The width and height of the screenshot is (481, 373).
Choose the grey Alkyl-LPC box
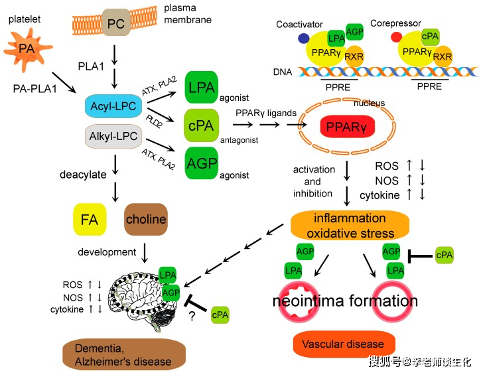tap(113, 137)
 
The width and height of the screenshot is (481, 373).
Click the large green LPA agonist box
tap(202, 86)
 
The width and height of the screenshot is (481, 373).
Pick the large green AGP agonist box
tap(202, 163)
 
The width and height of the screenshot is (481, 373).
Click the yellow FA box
tap(90, 219)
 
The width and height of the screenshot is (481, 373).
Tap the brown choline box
tap(145, 219)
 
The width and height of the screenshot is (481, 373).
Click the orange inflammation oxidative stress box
tap(350, 225)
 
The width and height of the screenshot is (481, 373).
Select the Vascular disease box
tap(342, 344)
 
